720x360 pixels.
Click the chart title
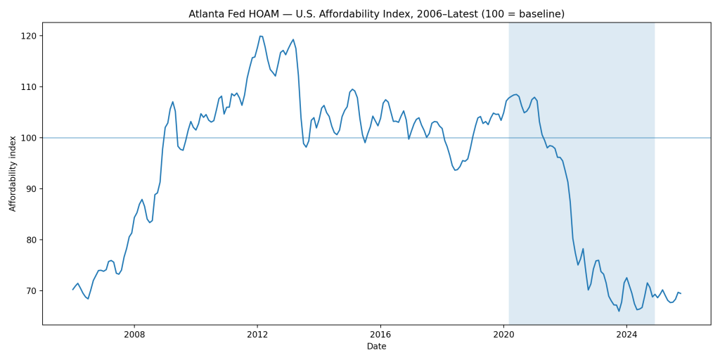tap(376, 14)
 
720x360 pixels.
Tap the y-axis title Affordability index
tap(13, 174)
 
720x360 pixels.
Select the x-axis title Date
tap(376, 347)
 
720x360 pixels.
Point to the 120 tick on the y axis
tap(29, 36)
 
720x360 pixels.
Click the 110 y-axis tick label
tap(29, 87)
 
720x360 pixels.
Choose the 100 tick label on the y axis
tap(29, 138)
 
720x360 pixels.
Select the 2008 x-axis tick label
tap(134, 335)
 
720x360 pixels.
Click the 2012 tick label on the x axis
tap(257, 335)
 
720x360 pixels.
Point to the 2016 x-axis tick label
tap(380, 335)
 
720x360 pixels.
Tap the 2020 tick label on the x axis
tap(503, 335)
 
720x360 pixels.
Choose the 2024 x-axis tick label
tap(626, 335)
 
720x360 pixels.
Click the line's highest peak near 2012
tap(260, 36)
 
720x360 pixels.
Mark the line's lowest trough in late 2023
tap(619, 311)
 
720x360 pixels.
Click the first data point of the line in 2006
tap(72, 290)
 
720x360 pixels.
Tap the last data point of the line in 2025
tap(681, 293)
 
